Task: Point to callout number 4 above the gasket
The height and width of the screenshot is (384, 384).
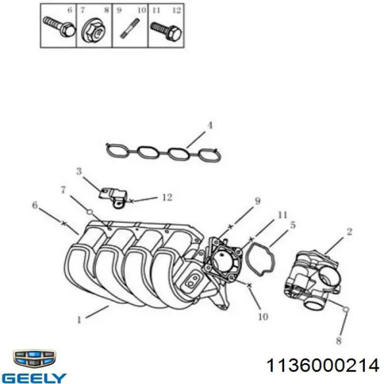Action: (209, 125)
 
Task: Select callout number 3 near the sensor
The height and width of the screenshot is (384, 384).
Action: (78, 172)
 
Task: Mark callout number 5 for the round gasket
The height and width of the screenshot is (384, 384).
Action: (293, 224)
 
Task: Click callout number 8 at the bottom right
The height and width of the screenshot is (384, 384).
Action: (338, 341)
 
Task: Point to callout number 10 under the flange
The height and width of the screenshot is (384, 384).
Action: (262, 317)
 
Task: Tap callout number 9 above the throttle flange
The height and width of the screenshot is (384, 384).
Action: (256, 201)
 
